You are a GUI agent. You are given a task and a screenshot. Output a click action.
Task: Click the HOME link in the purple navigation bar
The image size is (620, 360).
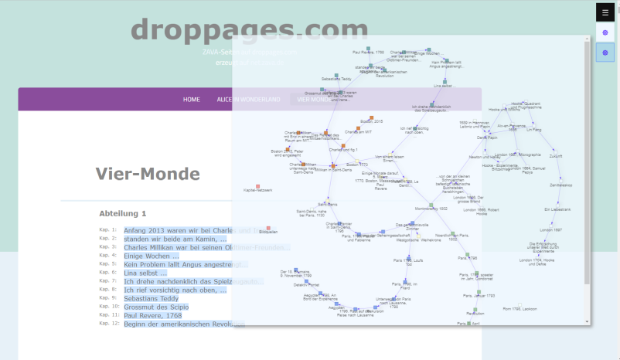click(191, 100)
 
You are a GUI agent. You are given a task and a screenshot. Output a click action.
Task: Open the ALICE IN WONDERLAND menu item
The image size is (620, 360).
click(248, 100)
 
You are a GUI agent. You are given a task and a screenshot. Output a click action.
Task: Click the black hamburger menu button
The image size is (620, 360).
click(605, 12)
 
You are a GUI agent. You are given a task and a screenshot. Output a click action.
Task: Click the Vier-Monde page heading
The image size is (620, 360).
click(148, 174)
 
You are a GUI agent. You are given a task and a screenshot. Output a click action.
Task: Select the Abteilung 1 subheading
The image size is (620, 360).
click(122, 213)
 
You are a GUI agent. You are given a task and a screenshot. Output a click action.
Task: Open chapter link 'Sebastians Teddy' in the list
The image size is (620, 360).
click(151, 298)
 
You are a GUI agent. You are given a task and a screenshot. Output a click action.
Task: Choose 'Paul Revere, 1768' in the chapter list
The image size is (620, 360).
click(153, 315)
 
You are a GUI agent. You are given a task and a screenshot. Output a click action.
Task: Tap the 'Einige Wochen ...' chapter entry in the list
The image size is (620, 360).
click(151, 256)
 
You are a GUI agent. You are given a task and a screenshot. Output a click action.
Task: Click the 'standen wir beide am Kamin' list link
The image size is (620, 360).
click(170, 239)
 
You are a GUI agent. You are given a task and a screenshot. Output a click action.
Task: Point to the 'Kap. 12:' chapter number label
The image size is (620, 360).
click(108, 324)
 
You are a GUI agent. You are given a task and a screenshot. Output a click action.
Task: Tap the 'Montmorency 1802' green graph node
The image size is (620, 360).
click(431, 205)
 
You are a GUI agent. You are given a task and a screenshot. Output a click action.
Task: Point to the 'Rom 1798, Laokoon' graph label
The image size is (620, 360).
click(520, 309)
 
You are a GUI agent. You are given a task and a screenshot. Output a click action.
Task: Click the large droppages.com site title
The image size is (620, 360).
click(249, 29)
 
